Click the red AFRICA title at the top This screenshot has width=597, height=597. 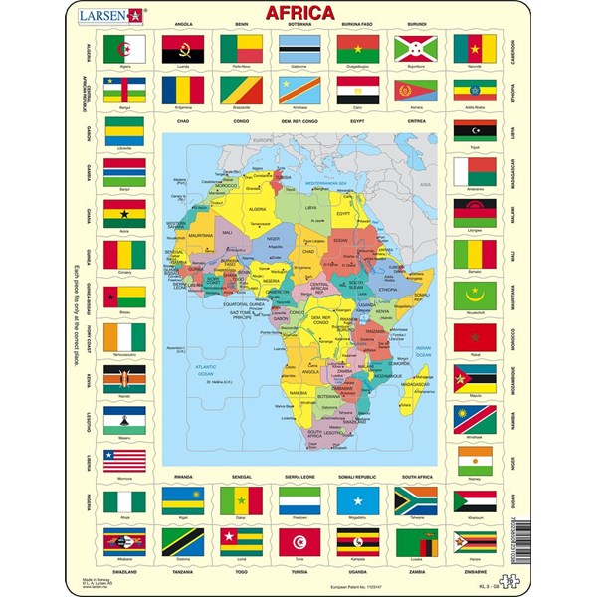[x=298, y=15]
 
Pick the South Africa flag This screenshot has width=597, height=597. [x=416, y=500]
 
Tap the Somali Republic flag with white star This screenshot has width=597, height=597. [x=357, y=500]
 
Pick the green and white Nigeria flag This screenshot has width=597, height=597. [x=124, y=500]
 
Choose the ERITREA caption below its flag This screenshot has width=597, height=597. [x=416, y=121]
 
